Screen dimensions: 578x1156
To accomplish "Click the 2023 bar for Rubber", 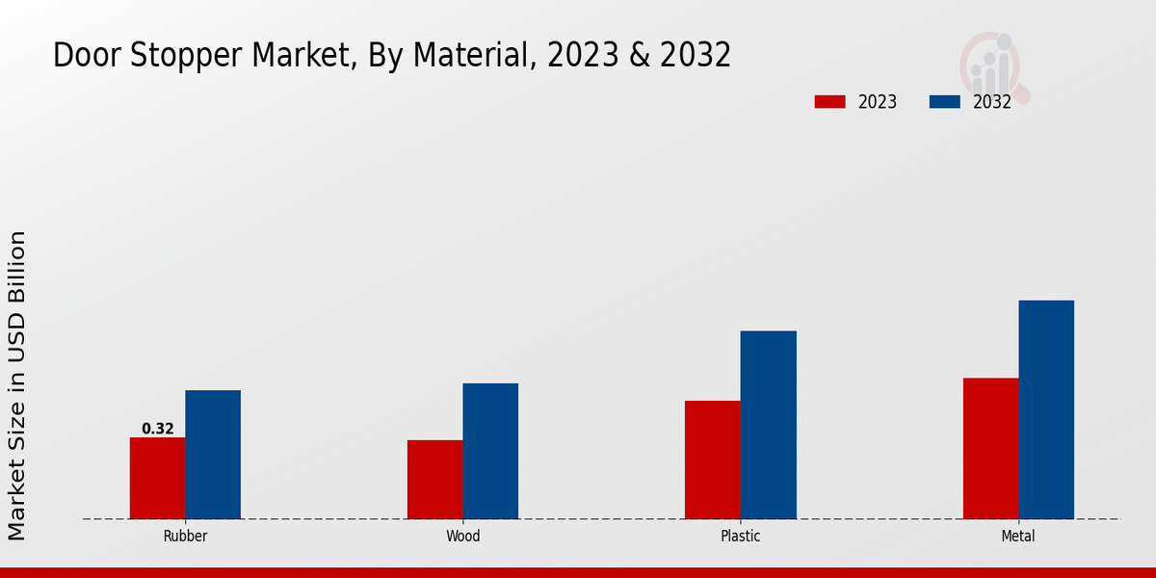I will pos(157,478).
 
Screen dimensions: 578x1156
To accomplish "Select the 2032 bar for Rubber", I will pos(213,455).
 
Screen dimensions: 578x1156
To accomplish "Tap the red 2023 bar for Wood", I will pos(434,480).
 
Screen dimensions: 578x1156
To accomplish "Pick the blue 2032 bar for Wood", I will pos(490,451).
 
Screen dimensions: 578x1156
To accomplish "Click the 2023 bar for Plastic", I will pos(713,460).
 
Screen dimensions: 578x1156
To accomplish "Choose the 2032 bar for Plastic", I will pos(769,425).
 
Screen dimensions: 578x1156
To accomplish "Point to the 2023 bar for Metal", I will pos(990,448).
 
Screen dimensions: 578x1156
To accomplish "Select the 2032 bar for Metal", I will pos(1046,409).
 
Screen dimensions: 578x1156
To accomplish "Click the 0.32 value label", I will pos(158,429).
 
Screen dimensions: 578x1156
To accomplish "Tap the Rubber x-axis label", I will pos(185,537).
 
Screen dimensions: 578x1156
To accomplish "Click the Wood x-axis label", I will pos(462,537).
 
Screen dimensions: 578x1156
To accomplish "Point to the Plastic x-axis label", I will pos(741,537).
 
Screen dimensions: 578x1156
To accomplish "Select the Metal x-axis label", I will pos(1018,537).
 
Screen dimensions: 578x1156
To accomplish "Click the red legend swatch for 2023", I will pos(829,102).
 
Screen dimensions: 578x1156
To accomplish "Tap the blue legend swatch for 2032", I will pos(944,102).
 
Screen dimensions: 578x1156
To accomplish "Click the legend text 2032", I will pos(992,102).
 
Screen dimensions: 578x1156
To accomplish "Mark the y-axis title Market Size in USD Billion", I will pos(17,385).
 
